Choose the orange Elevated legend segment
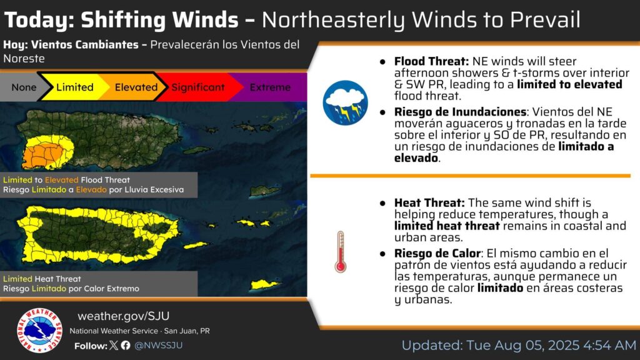(x=135, y=87)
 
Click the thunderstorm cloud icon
(x=345, y=102)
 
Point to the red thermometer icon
(x=341, y=252)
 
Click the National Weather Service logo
(x=39, y=330)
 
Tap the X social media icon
(x=114, y=345)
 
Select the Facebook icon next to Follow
(x=126, y=345)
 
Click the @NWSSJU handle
(x=158, y=345)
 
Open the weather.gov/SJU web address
(x=123, y=316)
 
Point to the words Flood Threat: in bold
(x=431, y=61)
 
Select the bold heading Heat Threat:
(x=429, y=202)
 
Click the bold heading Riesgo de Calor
(x=437, y=254)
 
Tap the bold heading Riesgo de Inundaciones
(x=460, y=112)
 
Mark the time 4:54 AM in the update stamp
(x=610, y=345)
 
